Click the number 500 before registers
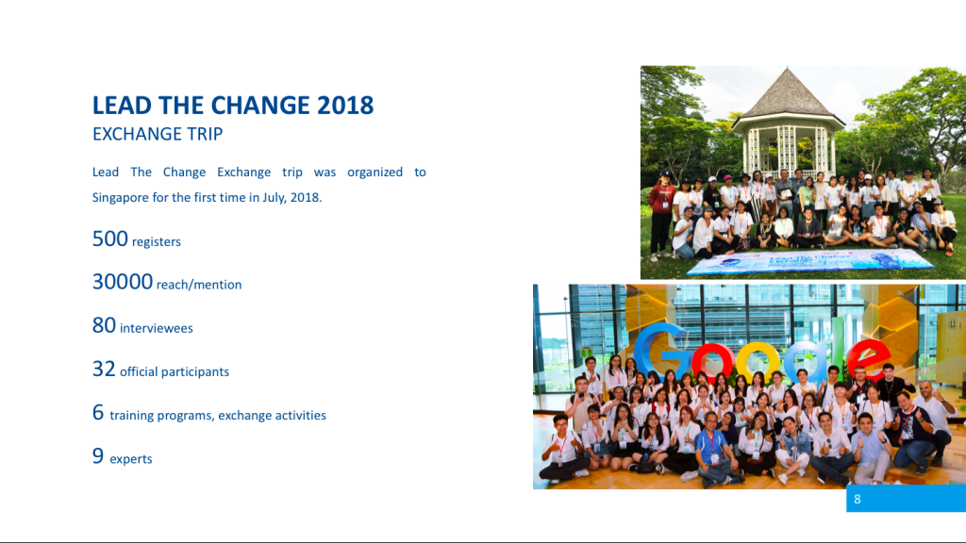point(110,239)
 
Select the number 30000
point(123,282)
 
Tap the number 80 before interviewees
point(104,325)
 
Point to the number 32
point(104,370)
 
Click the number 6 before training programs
point(98,413)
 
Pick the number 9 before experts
point(98,456)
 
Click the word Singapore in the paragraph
point(120,198)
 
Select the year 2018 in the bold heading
point(345,106)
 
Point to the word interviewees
point(157,329)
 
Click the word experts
point(130,459)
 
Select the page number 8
point(857,500)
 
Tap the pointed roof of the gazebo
point(788,93)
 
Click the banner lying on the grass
point(809,262)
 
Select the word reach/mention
point(199,285)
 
